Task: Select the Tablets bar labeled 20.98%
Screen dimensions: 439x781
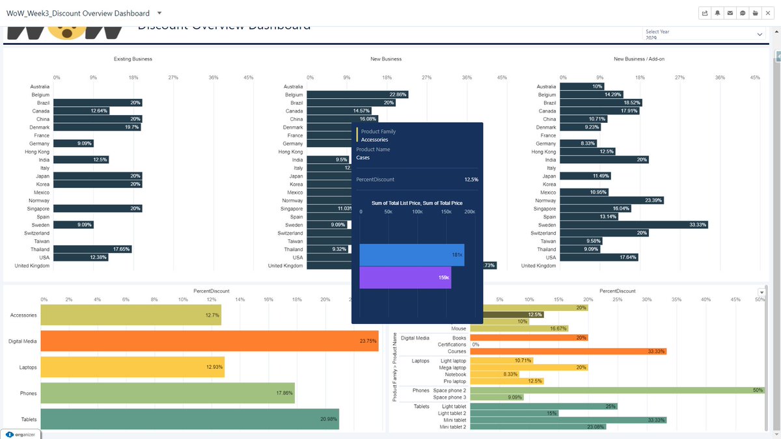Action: pos(189,419)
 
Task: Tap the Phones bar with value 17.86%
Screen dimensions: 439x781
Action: pos(167,393)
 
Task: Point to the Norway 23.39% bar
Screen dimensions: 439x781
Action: pos(612,200)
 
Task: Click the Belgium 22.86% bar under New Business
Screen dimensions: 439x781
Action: pos(358,95)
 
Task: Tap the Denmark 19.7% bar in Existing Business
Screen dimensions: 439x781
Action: pos(97,127)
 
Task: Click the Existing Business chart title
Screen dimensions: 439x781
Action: pos(133,59)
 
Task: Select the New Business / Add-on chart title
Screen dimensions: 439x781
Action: pos(638,59)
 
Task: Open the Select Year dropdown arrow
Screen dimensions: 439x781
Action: pos(760,34)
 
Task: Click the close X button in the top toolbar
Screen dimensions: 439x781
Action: pos(767,13)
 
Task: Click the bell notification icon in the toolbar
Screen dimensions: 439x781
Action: pos(717,13)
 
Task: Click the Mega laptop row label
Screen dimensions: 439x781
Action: pos(452,367)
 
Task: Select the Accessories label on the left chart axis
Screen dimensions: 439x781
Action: pos(23,315)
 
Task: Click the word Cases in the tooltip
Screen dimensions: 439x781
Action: pos(363,157)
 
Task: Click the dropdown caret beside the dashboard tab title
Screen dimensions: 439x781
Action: pos(160,13)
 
